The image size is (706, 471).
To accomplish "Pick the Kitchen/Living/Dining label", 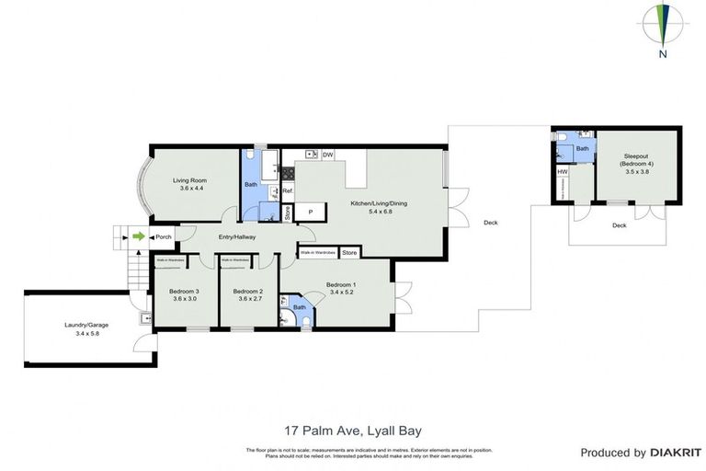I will tap(378, 206).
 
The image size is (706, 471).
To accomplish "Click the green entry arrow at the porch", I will tap(138, 237).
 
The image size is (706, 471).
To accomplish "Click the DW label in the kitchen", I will tap(327, 155).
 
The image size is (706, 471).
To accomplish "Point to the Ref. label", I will tap(287, 191).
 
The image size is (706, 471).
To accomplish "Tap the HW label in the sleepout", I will tap(562, 172).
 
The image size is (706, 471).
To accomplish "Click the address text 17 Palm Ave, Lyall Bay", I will tap(352, 429).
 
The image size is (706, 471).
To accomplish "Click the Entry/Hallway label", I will tap(236, 237).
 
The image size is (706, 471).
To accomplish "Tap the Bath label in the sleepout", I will tap(582, 148).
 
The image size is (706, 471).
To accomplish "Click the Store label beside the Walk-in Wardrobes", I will tap(349, 251).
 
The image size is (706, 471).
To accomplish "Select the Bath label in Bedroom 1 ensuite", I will tap(300, 307).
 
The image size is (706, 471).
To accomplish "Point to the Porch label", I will tap(164, 237).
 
